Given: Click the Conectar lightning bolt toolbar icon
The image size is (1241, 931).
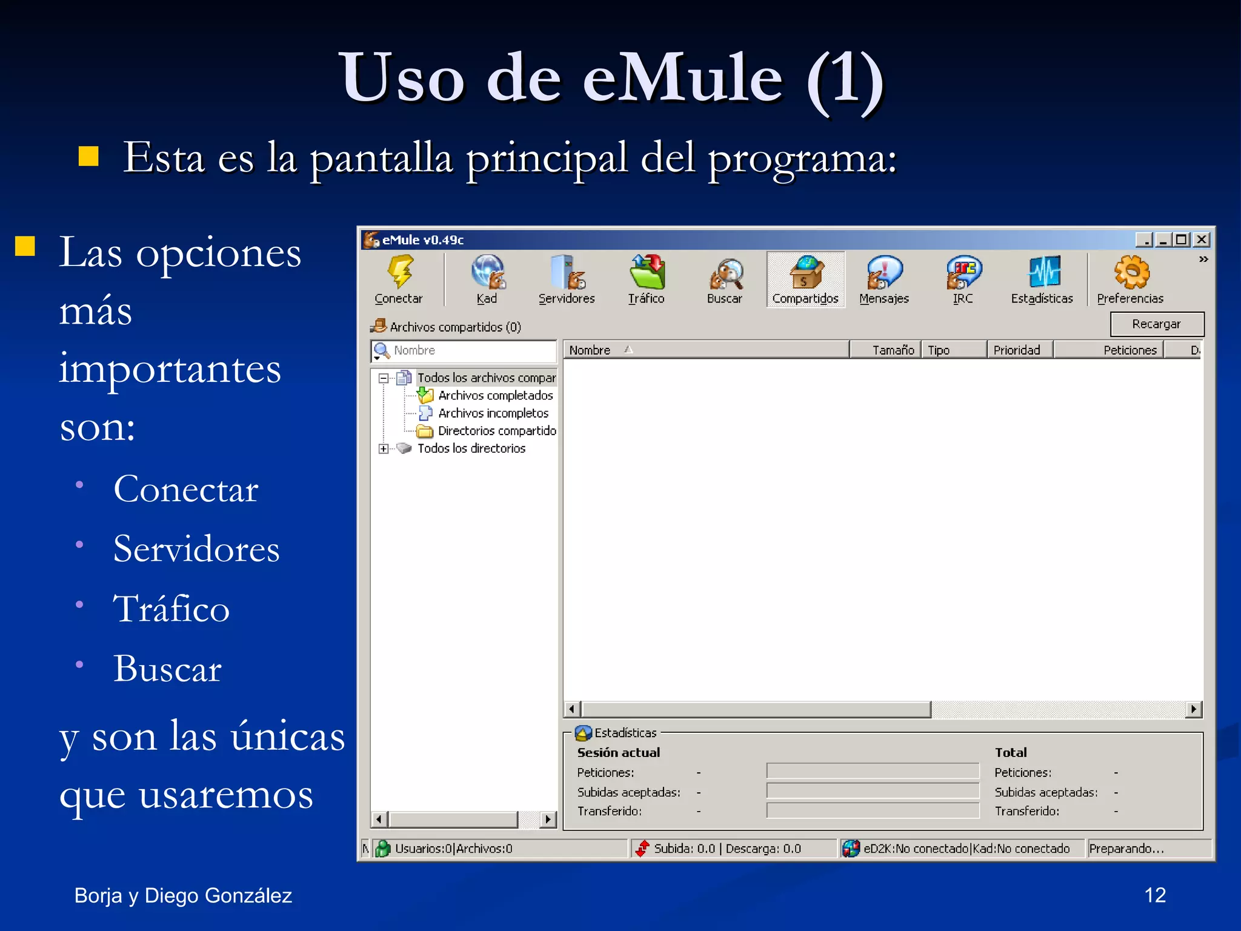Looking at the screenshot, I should click(399, 272).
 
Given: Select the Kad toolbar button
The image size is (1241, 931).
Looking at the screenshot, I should click(487, 272).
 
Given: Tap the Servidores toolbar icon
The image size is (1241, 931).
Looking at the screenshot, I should click(567, 272).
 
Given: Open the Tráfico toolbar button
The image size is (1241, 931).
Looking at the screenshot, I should click(647, 272).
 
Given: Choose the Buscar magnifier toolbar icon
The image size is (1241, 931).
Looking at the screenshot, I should click(725, 273).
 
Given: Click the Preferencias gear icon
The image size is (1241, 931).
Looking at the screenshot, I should click(1131, 272).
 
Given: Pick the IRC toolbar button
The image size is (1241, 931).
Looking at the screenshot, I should click(963, 272).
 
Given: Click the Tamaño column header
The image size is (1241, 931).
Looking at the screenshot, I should click(887, 350).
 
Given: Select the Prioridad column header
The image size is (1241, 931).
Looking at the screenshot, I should click(1018, 350).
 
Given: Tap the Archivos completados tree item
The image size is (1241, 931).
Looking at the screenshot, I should click(495, 395).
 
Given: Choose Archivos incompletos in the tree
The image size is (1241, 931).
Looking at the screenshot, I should click(493, 413).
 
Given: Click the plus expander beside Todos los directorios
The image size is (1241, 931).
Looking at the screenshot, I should click(384, 449).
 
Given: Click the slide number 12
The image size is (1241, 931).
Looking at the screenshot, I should click(1154, 895).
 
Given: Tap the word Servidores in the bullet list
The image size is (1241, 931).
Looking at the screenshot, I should click(196, 549).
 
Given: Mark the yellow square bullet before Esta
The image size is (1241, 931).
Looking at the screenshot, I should click(89, 156).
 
